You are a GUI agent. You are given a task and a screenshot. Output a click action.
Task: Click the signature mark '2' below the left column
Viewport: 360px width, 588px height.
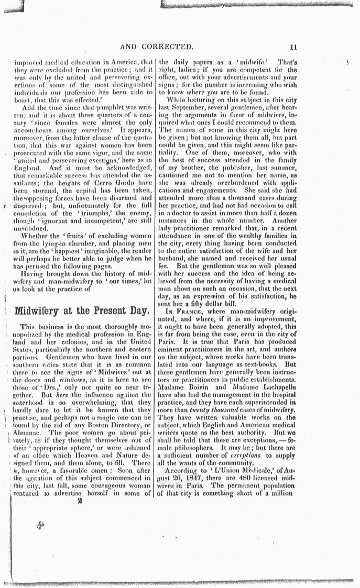(x=80, y=500)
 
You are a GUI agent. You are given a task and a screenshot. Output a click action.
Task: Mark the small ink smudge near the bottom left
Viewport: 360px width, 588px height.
(x=39, y=524)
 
